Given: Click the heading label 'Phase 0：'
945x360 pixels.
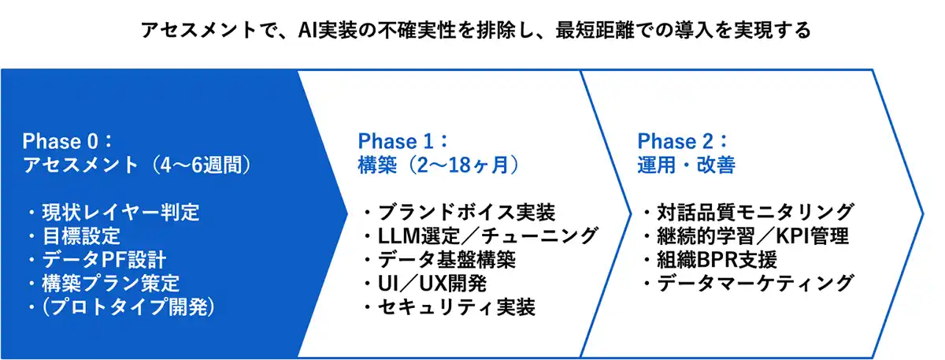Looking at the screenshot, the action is (68, 141).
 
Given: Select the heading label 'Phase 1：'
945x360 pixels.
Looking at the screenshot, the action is (403, 141).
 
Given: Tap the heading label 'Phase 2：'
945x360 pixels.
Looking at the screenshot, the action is (683, 141).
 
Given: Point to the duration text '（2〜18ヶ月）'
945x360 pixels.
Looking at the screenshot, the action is (461, 165).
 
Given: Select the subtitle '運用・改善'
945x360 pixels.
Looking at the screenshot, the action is (687, 165).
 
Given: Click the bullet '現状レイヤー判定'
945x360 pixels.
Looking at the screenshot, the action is (120, 212).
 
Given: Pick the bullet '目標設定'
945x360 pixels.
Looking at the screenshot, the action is (81, 236).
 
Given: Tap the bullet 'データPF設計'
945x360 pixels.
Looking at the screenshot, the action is (104, 259).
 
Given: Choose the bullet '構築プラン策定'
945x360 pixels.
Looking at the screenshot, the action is (110, 283).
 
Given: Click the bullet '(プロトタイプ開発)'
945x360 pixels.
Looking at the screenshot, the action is (128, 306).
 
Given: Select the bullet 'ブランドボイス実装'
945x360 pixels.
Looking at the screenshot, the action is (466, 212).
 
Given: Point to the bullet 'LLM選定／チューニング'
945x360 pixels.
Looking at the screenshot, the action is (487, 236).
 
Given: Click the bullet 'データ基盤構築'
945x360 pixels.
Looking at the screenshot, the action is (447, 259).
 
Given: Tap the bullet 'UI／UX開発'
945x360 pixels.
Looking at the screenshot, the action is (432, 283).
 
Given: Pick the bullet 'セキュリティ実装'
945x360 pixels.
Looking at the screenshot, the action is (457, 306).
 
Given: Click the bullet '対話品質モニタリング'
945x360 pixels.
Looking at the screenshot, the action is (755, 212).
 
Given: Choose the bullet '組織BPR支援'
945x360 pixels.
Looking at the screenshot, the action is (717, 259).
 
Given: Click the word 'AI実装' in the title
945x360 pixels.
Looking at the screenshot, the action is (328, 31).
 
